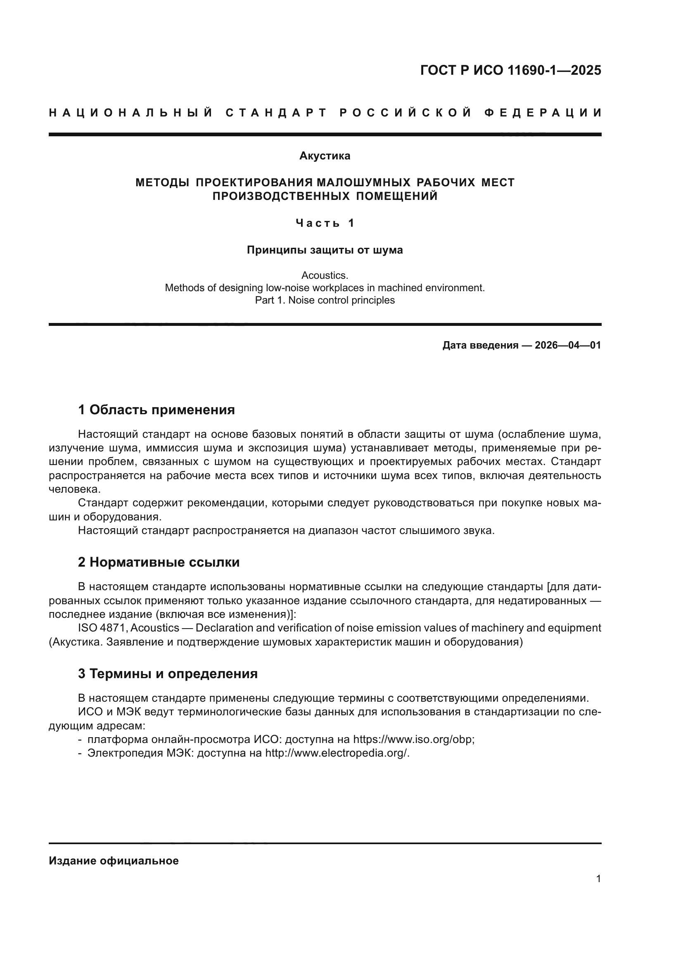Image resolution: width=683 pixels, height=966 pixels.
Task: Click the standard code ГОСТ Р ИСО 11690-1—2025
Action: point(510,70)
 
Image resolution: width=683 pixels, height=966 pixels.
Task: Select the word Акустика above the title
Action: point(325,156)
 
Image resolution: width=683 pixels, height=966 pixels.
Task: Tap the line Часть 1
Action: point(325,223)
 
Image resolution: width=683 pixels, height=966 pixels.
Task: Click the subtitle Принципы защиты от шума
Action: point(325,250)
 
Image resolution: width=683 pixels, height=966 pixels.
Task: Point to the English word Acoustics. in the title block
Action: point(325,275)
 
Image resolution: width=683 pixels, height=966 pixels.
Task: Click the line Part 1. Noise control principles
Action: point(325,300)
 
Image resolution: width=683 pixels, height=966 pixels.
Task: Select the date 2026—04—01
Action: point(568,345)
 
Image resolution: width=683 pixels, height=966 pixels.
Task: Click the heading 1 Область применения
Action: point(157,409)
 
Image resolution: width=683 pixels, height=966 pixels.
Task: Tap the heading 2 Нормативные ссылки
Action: point(159,562)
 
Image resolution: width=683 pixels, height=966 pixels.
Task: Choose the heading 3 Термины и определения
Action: point(168,674)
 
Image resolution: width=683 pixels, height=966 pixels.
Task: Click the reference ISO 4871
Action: point(102,628)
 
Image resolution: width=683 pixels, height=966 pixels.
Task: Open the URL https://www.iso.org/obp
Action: point(413,740)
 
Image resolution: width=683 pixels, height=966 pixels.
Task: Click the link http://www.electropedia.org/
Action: point(337,753)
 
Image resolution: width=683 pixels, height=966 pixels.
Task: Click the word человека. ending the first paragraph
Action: point(75,489)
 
